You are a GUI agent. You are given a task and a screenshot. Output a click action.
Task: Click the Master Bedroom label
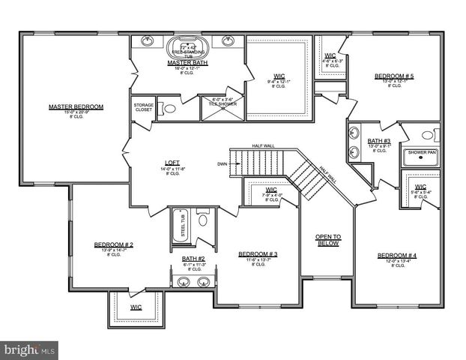tap(76, 106)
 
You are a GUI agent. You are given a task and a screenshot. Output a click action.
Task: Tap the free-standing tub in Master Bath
tap(188, 46)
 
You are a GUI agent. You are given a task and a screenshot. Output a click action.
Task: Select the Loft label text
tap(172, 163)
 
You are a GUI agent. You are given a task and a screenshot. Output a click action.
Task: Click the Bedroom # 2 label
tap(114, 244)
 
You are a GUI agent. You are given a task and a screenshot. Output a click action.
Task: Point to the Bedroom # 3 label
tap(258, 254)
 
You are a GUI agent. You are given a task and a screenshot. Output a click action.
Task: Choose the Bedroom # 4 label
tap(397, 256)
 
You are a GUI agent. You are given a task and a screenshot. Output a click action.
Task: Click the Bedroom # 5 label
tap(394, 76)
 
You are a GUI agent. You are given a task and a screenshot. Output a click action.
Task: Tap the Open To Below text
tap(327, 240)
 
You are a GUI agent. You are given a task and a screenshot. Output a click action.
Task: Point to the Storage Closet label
tap(144, 107)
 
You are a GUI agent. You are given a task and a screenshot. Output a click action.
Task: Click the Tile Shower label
tap(223, 102)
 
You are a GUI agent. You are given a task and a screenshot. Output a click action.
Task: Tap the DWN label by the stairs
tap(223, 163)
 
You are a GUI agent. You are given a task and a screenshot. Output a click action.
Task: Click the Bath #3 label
tap(379, 141)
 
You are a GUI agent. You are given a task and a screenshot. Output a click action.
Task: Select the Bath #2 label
tap(193, 259)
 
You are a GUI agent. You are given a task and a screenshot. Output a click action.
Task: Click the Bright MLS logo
tap(30, 349)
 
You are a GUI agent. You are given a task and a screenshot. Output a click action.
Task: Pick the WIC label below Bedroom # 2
tap(136, 307)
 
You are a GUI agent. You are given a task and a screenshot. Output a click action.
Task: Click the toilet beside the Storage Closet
tap(170, 109)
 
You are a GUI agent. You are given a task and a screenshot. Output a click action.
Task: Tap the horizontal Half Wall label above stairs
tap(264, 145)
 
